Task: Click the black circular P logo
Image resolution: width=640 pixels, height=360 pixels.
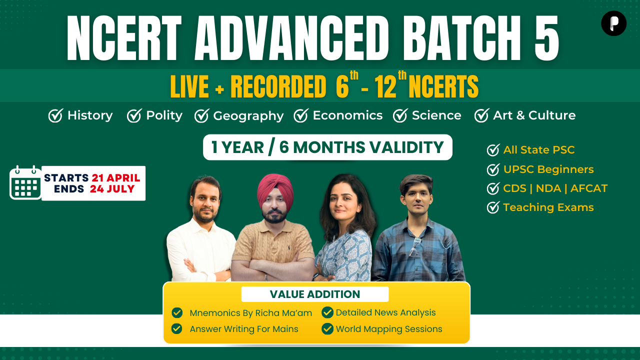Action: click(x=613, y=23)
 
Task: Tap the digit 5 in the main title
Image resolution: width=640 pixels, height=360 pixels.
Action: click(x=546, y=38)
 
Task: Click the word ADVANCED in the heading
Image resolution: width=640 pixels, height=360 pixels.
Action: click(x=291, y=38)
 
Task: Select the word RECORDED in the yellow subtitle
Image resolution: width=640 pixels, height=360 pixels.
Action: click(x=278, y=86)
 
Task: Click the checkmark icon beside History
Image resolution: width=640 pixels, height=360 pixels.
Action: click(x=55, y=115)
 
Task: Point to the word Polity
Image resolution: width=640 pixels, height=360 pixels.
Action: click(x=164, y=115)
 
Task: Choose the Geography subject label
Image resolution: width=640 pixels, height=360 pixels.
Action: click(x=248, y=116)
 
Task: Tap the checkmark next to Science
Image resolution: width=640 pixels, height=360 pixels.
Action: click(x=400, y=115)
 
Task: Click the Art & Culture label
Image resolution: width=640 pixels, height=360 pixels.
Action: click(x=534, y=115)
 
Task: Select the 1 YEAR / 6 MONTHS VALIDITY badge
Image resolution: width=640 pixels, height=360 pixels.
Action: click(x=327, y=147)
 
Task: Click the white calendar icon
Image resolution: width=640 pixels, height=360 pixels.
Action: click(x=25, y=182)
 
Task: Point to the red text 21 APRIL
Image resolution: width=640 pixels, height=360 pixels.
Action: click(x=116, y=177)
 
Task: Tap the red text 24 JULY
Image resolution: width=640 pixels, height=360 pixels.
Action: click(x=112, y=189)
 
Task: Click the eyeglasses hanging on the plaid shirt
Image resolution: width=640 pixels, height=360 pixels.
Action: click(x=413, y=247)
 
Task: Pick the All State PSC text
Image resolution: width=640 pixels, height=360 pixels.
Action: click(x=539, y=149)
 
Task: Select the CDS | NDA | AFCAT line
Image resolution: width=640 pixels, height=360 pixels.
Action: click(x=555, y=188)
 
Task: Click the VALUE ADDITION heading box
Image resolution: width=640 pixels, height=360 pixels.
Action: click(x=315, y=294)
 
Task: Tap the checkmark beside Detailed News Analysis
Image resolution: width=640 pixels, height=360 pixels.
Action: click(x=327, y=312)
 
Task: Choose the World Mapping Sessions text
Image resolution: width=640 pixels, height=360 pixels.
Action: click(x=389, y=329)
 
